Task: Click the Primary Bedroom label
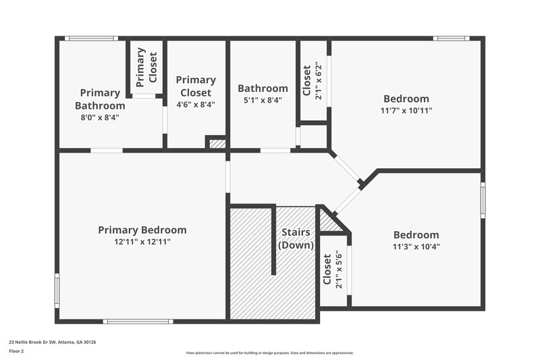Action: [142, 230]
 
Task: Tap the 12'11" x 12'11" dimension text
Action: [142, 242]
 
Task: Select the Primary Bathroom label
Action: [100, 99]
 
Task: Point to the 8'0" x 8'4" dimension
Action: [100, 117]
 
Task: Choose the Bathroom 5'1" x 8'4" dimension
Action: [263, 100]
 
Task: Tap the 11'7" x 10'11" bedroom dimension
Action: [406, 110]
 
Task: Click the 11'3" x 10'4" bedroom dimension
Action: [416, 247]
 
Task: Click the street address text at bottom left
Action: [53, 342]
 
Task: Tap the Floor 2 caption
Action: [16, 351]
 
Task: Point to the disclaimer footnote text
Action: [269, 353]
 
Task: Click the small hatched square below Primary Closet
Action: [217, 143]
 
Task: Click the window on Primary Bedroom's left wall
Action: [57, 290]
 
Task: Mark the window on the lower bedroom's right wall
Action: [483, 200]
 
